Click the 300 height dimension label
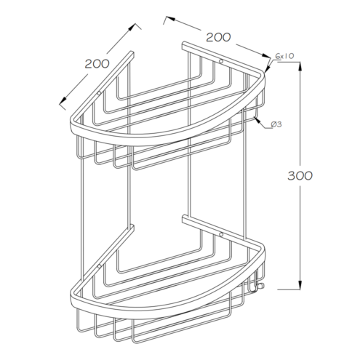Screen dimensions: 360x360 pos(300,176)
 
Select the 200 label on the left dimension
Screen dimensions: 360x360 pos(97,64)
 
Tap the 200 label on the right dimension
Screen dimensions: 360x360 pos(218,37)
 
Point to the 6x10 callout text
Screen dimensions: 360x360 pos(284,56)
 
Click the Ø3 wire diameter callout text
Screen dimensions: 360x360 pos(276,124)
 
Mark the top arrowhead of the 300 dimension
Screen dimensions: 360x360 pos(300,66)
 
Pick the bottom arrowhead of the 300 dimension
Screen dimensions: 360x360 pos(300,285)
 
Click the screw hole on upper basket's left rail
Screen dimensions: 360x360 pos(99,93)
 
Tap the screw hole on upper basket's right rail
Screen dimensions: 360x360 pos(220,61)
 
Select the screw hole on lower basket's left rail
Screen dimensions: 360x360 pos(99,266)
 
